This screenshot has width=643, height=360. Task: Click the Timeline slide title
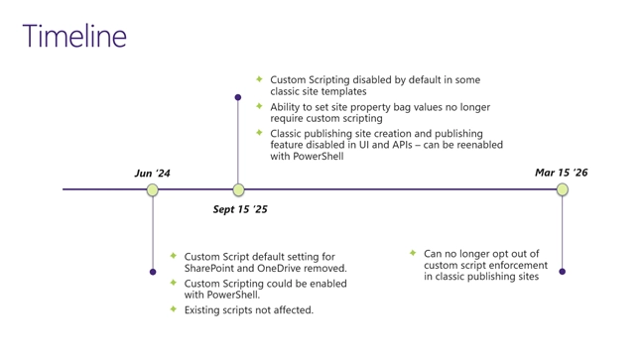(74, 36)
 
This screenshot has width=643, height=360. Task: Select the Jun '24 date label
(152, 174)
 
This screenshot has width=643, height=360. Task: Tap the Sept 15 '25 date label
(240, 209)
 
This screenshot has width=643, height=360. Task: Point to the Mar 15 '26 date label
(561, 173)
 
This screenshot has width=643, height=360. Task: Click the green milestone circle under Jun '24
(153, 189)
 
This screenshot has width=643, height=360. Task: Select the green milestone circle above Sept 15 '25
(238, 189)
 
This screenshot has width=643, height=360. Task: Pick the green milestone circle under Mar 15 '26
(563, 189)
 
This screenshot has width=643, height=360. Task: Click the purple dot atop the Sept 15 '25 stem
(238, 97)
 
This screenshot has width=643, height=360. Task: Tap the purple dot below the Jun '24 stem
(153, 272)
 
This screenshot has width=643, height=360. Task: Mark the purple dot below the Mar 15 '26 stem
(563, 272)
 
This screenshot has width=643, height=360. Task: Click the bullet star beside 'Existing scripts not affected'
(174, 309)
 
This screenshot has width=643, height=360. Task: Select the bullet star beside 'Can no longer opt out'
(413, 253)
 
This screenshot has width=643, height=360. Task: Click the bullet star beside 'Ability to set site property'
(259, 106)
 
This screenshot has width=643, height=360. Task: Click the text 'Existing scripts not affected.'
(248, 310)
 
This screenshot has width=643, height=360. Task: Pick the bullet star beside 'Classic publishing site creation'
(259, 133)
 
